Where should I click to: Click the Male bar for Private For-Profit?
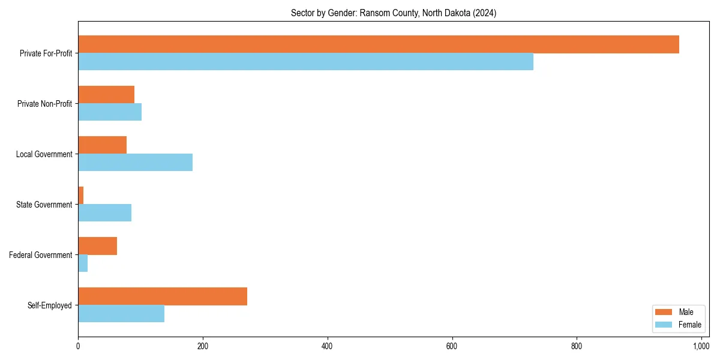pyautogui.click(x=378, y=44)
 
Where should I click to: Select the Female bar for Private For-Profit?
pyautogui.click(x=305, y=62)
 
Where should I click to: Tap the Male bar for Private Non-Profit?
pyautogui.click(x=106, y=95)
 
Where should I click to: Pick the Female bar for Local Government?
pyautogui.click(x=135, y=163)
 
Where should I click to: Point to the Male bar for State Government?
pyautogui.click(x=81, y=196)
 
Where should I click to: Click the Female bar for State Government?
pyautogui.click(x=104, y=213)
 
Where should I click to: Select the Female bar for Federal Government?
pyautogui.click(x=83, y=263)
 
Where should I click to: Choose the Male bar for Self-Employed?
pyautogui.click(x=163, y=296)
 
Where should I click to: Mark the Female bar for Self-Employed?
pyautogui.click(x=121, y=314)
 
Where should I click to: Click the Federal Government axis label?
pyautogui.click(x=41, y=255)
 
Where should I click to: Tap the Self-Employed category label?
pyautogui.click(x=50, y=305)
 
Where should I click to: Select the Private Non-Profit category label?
pyautogui.click(x=44, y=104)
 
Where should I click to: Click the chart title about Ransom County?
pyautogui.click(x=394, y=13)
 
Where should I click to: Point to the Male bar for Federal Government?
pyautogui.click(x=97, y=246)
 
